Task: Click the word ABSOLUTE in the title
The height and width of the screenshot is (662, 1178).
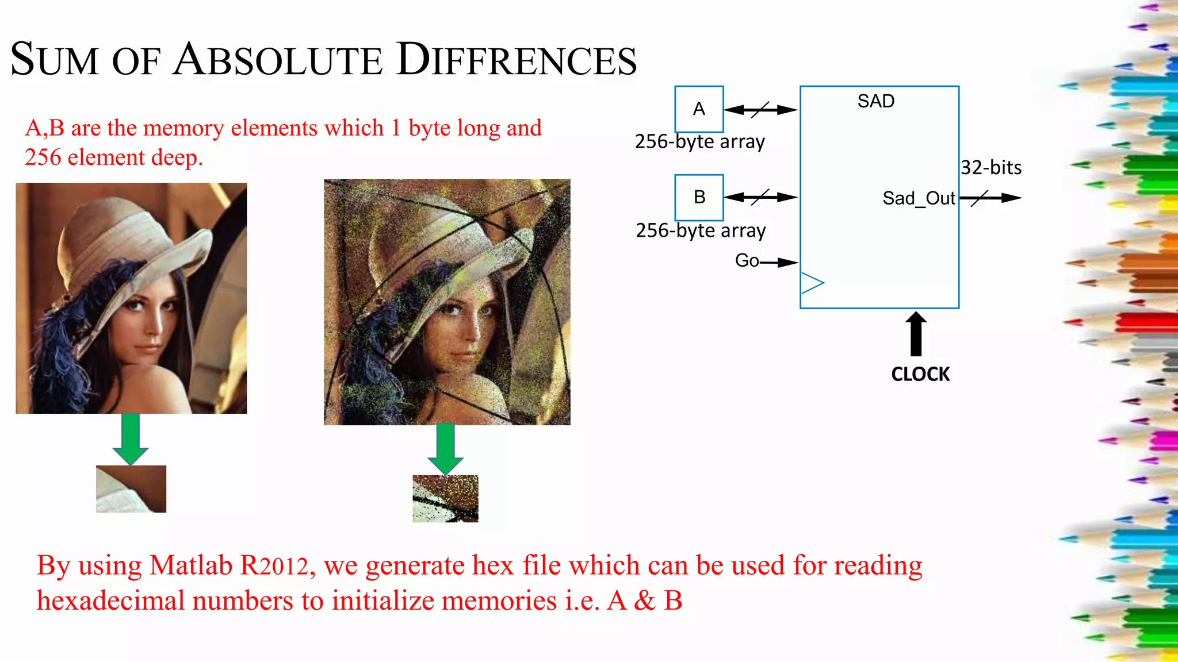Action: click(278, 60)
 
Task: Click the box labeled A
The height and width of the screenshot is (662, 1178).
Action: click(699, 109)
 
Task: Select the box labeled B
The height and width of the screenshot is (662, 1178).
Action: click(699, 197)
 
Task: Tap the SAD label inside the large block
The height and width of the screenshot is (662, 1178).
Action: click(875, 101)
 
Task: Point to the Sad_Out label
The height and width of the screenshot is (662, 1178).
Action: click(919, 198)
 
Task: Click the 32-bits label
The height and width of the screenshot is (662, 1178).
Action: click(991, 168)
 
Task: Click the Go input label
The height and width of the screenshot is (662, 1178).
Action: click(747, 261)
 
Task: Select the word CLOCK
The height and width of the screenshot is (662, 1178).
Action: click(920, 374)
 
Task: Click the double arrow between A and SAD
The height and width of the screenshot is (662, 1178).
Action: click(760, 109)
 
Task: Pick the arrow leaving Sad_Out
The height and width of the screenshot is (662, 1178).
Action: click(990, 198)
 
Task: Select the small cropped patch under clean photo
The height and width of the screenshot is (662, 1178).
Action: click(131, 489)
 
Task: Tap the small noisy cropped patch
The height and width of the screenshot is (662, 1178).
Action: click(445, 498)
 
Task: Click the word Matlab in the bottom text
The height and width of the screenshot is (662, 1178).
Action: click(191, 565)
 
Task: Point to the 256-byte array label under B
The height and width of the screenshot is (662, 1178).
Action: click(701, 230)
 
